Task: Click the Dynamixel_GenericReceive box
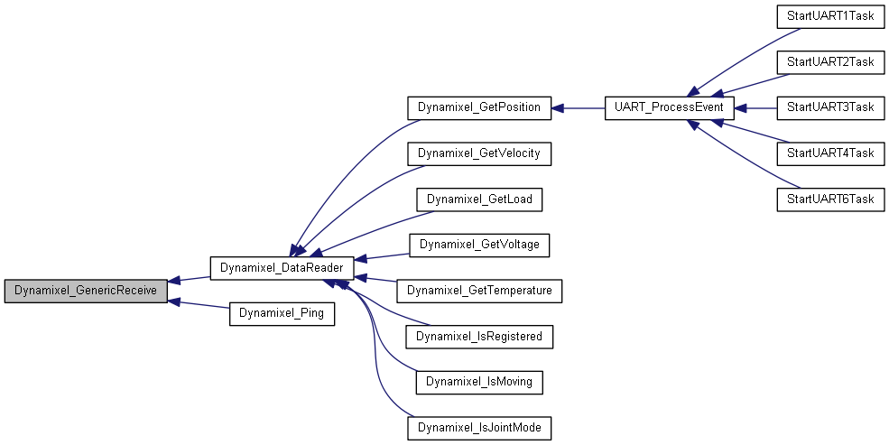pyautogui.click(x=86, y=291)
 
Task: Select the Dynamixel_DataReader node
pyautogui.click(x=282, y=268)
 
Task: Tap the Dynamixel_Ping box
pyautogui.click(x=282, y=313)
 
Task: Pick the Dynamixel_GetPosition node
pyautogui.click(x=479, y=107)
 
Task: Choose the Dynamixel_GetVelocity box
pyautogui.click(x=479, y=153)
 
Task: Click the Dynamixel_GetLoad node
pyautogui.click(x=479, y=199)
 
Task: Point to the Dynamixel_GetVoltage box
pyautogui.click(x=479, y=245)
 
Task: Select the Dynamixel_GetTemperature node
pyautogui.click(x=479, y=291)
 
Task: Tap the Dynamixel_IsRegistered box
pyautogui.click(x=479, y=337)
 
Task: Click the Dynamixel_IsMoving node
pyautogui.click(x=479, y=382)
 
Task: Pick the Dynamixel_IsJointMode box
pyautogui.click(x=479, y=428)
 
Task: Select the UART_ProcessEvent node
pyautogui.click(x=670, y=107)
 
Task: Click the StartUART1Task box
pyautogui.click(x=830, y=16)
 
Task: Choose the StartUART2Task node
pyautogui.click(x=830, y=61)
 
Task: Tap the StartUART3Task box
pyautogui.click(x=830, y=107)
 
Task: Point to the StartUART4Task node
pyautogui.click(x=830, y=153)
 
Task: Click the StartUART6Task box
pyautogui.click(x=830, y=199)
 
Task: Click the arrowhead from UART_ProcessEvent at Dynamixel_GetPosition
pyautogui.click(x=557, y=107)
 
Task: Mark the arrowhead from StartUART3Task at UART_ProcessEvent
pyautogui.click(x=740, y=107)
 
